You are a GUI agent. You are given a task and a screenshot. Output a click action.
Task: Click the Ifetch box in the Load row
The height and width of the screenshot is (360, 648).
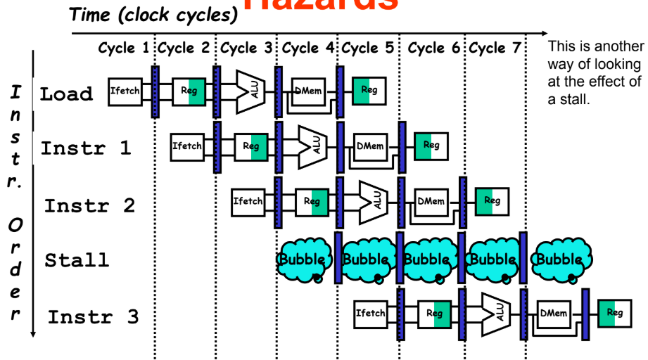pos(125,91)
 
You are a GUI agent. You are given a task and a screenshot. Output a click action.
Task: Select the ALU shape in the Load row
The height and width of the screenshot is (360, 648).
pos(248,91)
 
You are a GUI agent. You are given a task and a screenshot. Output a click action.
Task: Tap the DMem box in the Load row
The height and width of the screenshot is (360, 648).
pos(309,91)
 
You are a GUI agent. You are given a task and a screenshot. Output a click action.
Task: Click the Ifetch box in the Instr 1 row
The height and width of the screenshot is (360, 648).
pos(187,146)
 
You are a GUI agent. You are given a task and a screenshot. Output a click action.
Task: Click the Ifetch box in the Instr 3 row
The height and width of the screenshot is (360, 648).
pos(371,313)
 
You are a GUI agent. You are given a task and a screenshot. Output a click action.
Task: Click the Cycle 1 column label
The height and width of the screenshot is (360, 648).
pos(124,48)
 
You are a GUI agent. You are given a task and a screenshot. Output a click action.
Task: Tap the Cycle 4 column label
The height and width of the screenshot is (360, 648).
pos(307,48)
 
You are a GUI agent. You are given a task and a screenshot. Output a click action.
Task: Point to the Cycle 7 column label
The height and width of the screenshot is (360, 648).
pos(496,48)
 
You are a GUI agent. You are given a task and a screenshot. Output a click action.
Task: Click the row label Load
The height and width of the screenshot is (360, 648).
pos(66,94)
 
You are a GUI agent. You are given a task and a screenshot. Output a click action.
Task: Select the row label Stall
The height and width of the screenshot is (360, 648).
pos(77,260)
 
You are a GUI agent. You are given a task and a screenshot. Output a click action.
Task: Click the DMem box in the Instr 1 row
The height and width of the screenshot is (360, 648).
pos(370,146)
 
